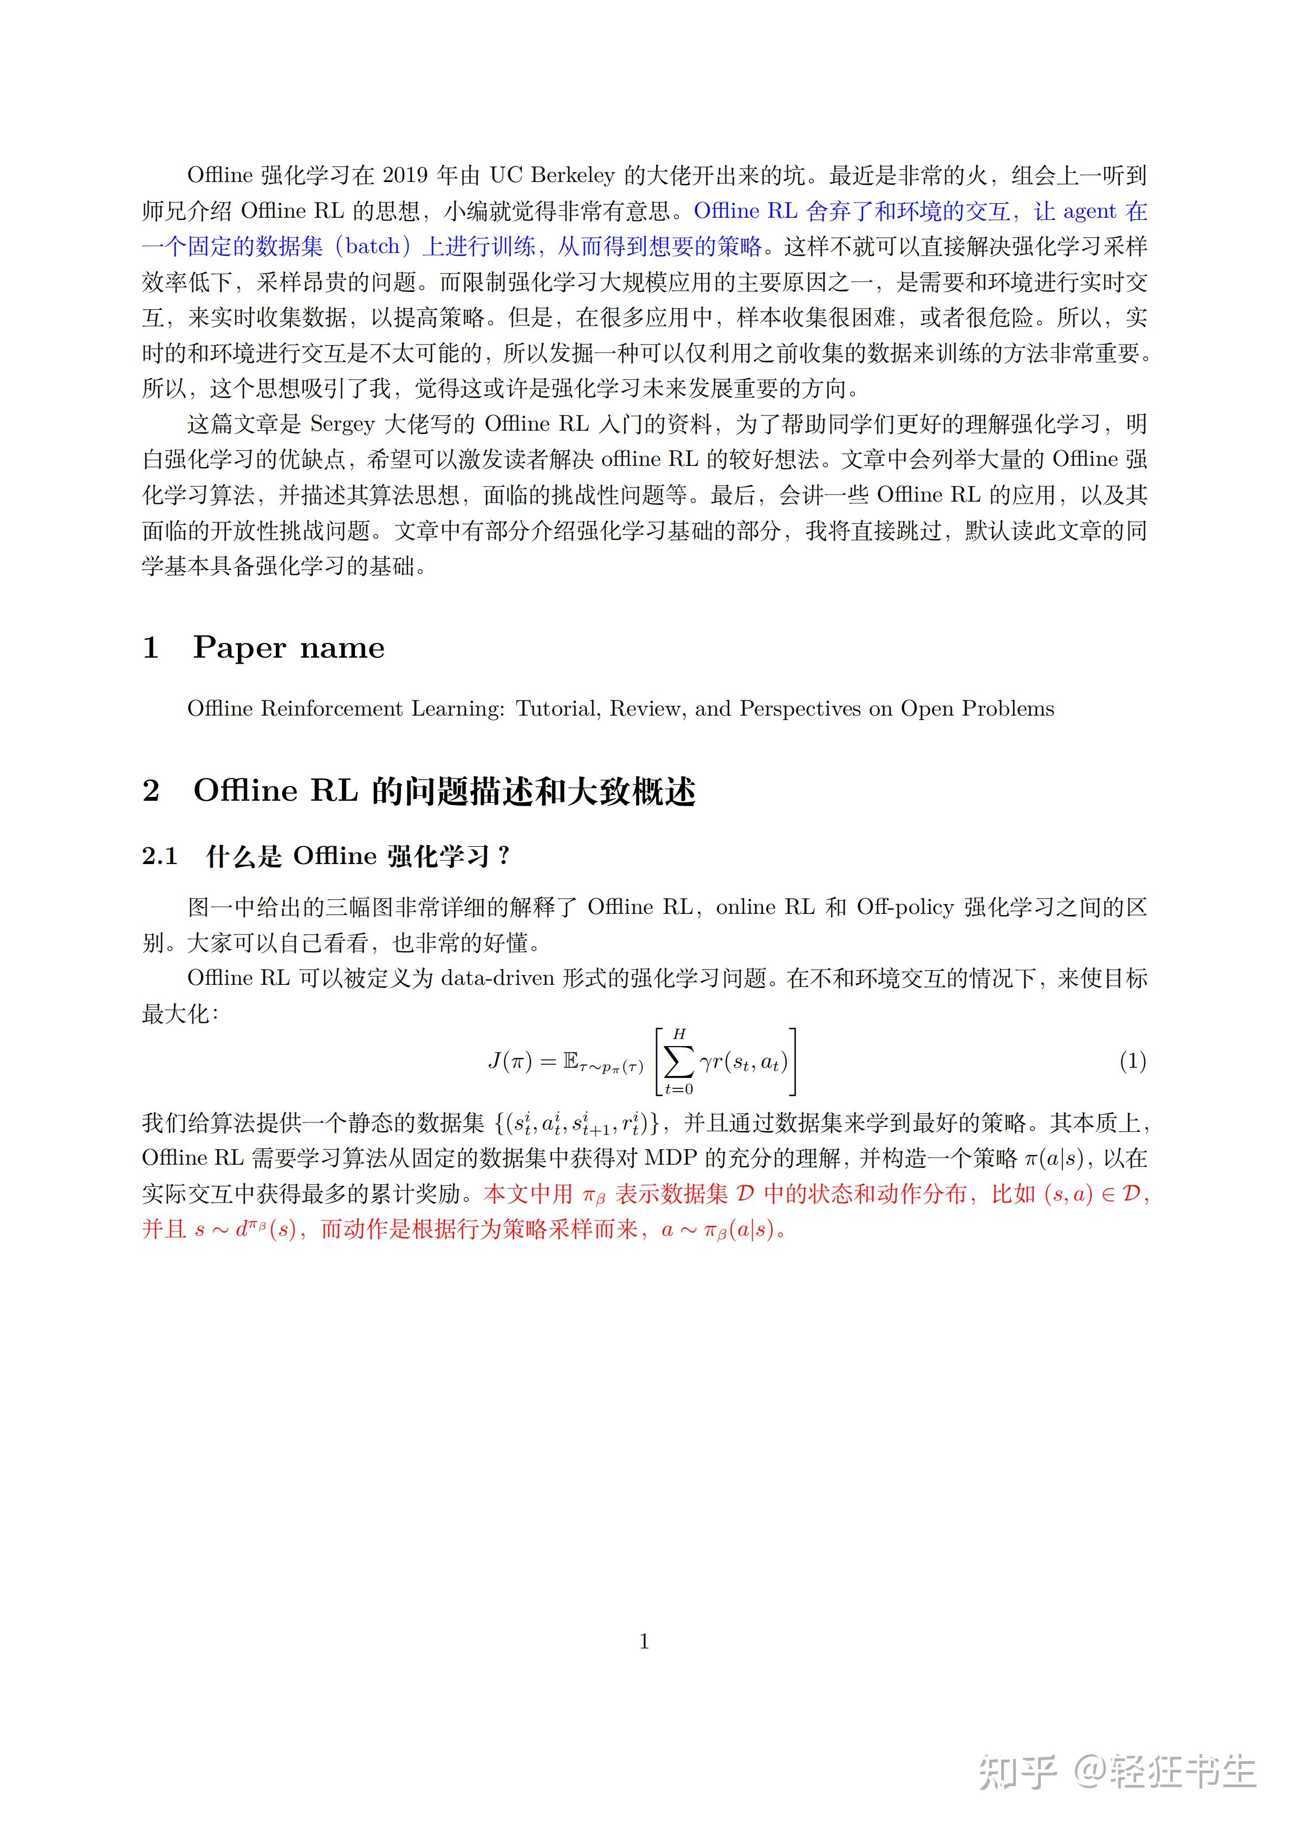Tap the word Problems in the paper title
pyautogui.click(x=1008, y=709)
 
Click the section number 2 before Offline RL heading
pyautogui.click(x=151, y=791)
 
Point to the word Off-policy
pyautogui.click(x=905, y=907)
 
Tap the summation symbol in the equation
pyautogui.click(x=678, y=1061)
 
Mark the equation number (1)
pyautogui.click(x=1132, y=1061)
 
